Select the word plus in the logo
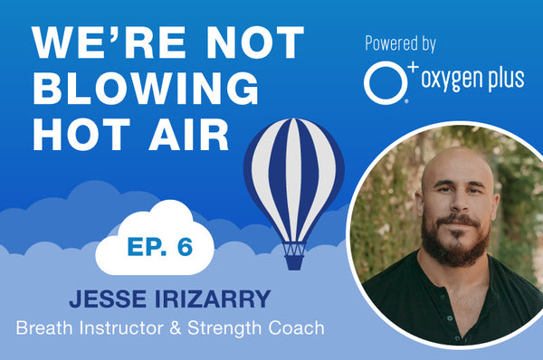[x=502, y=79]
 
